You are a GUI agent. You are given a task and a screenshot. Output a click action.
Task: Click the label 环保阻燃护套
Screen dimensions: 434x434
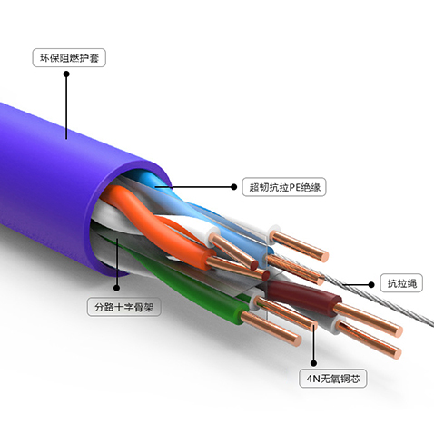69,57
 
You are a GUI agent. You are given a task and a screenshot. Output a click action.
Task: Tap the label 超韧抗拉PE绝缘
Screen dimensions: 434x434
284,187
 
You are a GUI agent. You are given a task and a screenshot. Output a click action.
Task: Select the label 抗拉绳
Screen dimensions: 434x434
401,283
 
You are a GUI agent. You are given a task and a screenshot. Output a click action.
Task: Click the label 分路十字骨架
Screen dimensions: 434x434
124,307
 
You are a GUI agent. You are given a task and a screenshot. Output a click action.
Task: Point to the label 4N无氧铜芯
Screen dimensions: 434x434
333,378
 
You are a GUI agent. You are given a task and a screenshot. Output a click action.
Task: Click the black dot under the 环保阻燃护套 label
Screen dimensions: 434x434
66,74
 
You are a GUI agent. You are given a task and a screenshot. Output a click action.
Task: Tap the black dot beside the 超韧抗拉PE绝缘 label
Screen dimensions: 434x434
233,187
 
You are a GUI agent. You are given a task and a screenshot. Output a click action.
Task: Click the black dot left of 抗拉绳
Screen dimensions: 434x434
371,284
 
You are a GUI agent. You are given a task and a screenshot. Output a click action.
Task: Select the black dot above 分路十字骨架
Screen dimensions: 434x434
117,288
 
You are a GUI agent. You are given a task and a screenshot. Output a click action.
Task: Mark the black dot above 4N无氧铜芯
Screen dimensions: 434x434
314,363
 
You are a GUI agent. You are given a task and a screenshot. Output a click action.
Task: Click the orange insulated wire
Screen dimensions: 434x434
152,224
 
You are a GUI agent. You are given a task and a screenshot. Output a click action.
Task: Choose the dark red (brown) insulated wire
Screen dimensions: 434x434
302,293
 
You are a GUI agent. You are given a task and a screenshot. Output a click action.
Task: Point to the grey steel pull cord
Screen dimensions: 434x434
379,298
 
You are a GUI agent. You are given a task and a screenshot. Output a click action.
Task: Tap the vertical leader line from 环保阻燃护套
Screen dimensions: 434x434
66,106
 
